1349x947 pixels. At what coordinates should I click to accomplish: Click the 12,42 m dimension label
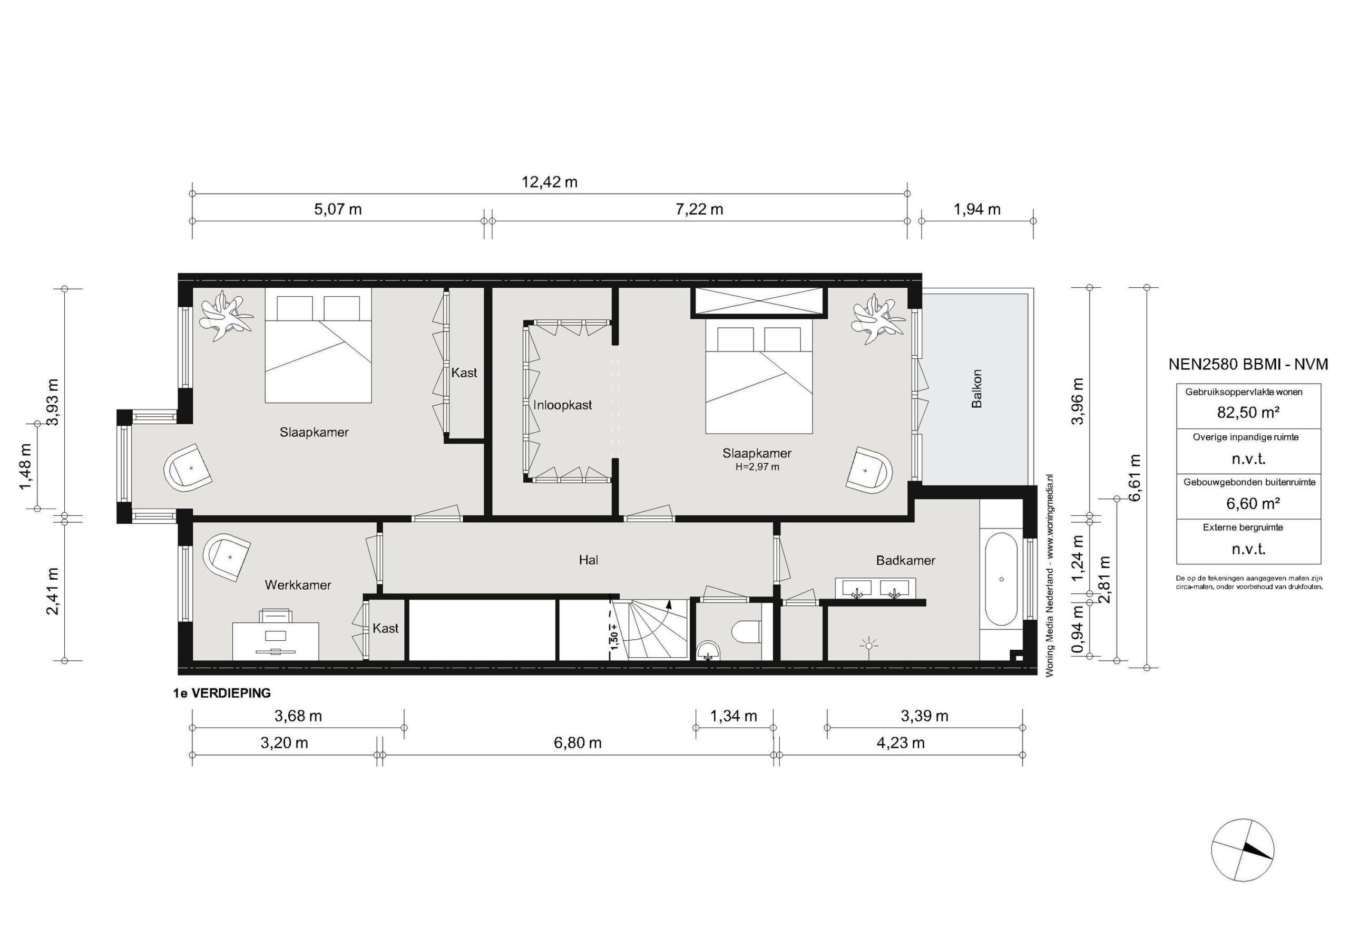(550, 182)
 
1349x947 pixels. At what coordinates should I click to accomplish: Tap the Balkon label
(976, 388)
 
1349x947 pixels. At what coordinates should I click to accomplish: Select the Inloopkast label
(562, 405)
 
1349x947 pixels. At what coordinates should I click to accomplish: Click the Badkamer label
(905, 560)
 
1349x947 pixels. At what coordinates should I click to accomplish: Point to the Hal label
(588, 560)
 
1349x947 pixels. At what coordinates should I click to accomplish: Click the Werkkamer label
(298, 584)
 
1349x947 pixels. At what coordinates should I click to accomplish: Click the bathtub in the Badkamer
(1001, 579)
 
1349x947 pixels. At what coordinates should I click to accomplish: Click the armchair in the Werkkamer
(226, 557)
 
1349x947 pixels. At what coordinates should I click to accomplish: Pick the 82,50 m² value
(1248, 413)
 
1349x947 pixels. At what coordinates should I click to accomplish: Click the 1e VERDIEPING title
(222, 693)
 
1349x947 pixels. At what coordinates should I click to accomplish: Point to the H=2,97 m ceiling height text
(757, 467)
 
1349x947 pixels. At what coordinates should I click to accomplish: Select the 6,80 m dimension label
(578, 743)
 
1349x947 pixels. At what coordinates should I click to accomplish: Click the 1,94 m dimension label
(976, 209)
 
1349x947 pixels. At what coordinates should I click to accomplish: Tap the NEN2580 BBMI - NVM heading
(1248, 364)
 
